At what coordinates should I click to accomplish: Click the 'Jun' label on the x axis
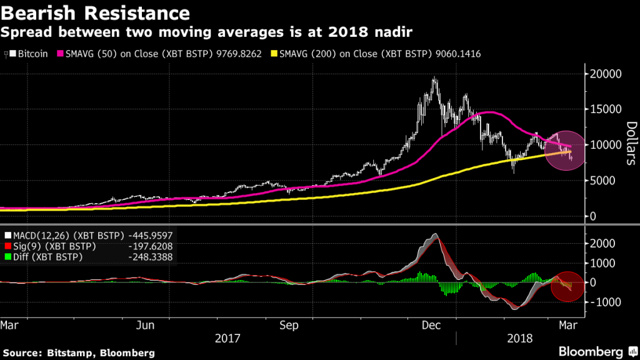pyautogui.click(x=146, y=325)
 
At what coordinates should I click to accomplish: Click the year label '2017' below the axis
pyautogui.click(x=228, y=339)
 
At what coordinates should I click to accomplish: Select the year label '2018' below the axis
pyautogui.click(x=520, y=339)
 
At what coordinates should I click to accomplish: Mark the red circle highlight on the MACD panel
pyautogui.click(x=566, y=287)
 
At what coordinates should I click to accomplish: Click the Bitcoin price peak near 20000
pyautogui.click(x=434, y=78)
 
